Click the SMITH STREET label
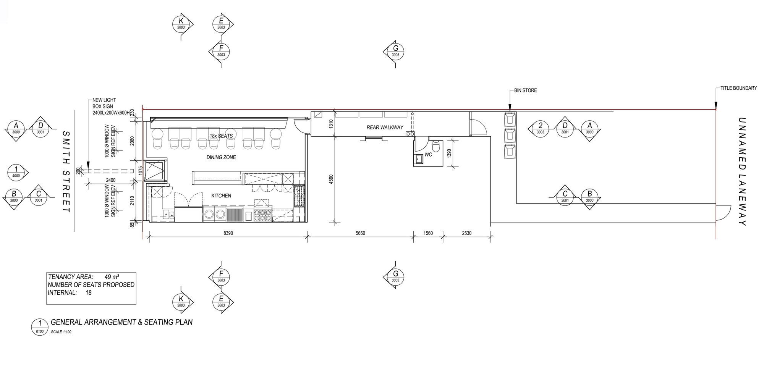point(66,172)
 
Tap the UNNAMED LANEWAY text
point(741,171)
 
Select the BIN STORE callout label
point(525,90)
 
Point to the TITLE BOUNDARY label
point(738,88)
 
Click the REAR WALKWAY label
point(385,128)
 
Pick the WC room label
point(428,155)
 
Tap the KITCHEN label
point(221,196)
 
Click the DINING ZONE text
point(221,157)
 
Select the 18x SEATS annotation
point(221,136)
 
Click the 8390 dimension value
point(228,233)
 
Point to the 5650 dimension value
point(360,233)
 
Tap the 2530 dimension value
point(466,233)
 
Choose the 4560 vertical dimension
point(331,179)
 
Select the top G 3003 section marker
point(395,51)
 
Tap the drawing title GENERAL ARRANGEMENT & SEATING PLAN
point(121,322)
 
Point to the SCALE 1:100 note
point(61,332)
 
